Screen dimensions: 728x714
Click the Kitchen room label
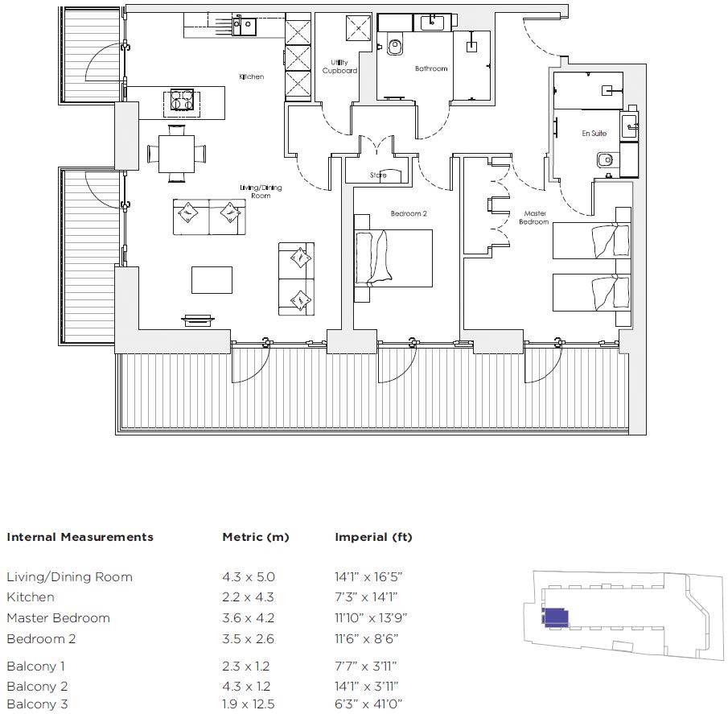coord(251,76)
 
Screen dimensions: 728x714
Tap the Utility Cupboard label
coord(339,67)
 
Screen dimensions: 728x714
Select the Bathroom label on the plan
coord(431,68)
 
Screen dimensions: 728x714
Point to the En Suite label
coord(594,134)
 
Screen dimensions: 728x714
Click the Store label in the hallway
coord(378,175)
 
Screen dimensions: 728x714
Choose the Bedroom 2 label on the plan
coord(409,213)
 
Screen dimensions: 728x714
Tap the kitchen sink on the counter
coord(245,26)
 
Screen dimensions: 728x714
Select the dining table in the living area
coord(176,154)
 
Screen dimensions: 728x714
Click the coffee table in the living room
coord(212,279)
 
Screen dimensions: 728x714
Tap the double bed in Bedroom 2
coord(393,258)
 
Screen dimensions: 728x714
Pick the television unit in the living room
coord(199,320)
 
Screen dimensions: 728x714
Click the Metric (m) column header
coord(256,537)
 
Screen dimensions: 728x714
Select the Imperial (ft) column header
coord(374,537)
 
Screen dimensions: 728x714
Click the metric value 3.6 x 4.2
coord(249,618)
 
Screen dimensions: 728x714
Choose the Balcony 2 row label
coord(37,686)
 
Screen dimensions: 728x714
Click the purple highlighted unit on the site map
coord(555,617)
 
